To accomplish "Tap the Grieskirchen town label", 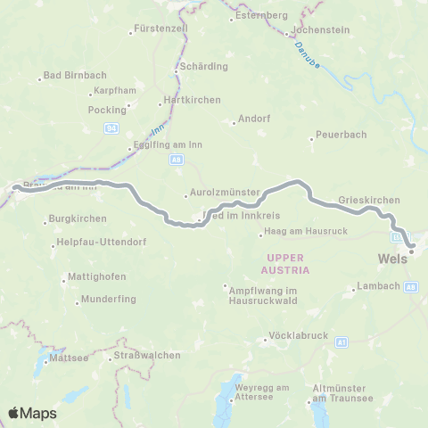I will pyautogui.click(x=369, y=200).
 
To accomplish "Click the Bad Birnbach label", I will pyautogui.click(x=66, y=78).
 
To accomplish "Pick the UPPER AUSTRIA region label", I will pyautogui.click(x=286, y=263).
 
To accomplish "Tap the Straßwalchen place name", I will pyautogui.click(x=146, y=355).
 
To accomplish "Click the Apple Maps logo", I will pyautogui.click(x=32, y=413).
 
